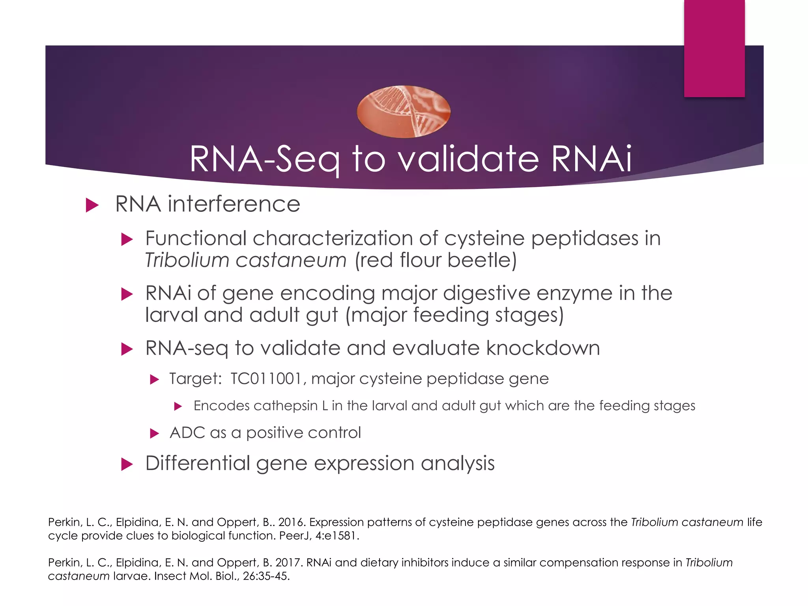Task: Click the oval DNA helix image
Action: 403,112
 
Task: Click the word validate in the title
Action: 468,159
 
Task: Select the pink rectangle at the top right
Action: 714,48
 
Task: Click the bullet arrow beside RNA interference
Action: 92,205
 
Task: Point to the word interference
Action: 234,204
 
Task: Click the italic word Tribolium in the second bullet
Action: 187,260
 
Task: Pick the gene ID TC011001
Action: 266,379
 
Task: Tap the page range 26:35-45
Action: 266,576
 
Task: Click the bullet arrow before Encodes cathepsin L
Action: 178,406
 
